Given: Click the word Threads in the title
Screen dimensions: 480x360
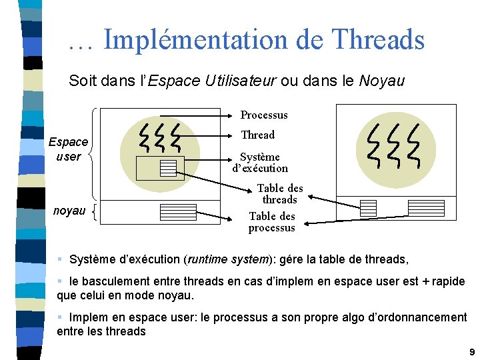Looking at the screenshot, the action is pos(379,39).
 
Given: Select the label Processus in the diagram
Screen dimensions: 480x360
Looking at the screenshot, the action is pos(264,115).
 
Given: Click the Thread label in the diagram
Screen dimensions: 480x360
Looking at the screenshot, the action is pos(257,135).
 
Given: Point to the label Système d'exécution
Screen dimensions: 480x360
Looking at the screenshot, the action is pos(260,163).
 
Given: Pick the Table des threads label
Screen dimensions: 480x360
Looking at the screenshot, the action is pos(280,194).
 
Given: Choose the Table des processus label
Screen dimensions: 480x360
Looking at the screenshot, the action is pos(271,222).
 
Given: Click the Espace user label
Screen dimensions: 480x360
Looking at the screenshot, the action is pos(68,149).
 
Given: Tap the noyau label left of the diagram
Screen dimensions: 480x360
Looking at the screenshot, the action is pos(69,211).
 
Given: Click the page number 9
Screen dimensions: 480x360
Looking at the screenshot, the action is pos(471,351).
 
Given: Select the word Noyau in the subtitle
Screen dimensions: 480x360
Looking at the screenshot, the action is pos(381,81).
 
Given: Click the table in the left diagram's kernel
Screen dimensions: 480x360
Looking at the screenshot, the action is pos(178,212).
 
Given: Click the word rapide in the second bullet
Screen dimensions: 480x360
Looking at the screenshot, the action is pos(448,281).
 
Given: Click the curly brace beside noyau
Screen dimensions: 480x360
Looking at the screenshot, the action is pos(95,212).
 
